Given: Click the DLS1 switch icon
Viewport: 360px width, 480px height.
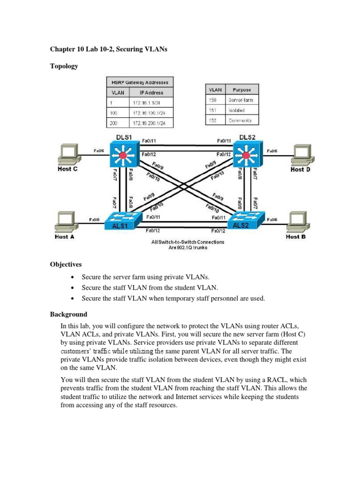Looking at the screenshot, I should (x=124, y=154).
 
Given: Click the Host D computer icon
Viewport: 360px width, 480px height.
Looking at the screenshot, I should (x=300, y=154).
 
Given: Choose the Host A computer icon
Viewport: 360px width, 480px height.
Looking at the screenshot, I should (x=65, y=221).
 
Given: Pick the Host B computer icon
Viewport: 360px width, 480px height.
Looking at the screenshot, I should (x=299, y=221).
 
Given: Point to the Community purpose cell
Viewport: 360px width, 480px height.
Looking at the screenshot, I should (x=240, y=120).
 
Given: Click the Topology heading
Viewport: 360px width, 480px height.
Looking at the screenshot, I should (x=64, y=66).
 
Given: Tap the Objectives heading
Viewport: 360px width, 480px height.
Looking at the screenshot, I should (x=66, y=264).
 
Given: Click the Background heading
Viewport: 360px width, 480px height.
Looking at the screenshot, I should (x=68, y=314).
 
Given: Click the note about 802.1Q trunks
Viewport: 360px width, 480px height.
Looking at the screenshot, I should (x=187, y=245).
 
